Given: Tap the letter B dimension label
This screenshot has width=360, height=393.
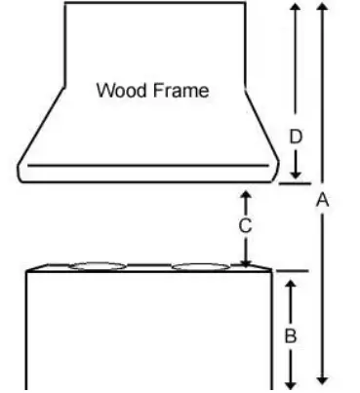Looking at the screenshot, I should [290, 335].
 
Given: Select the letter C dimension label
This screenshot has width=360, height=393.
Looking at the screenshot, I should [246, 226].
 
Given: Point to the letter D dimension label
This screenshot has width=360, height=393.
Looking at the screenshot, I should [296, 137].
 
